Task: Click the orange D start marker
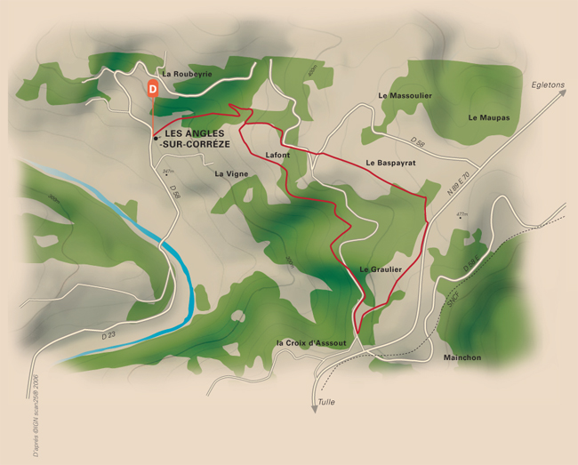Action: (153, 88)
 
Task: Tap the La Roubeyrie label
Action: (187, 74)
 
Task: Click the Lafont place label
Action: (278, 156)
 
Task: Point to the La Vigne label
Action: (231, 174)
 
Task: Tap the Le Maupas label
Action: (488, 117)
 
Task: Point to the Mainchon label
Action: (462, 357)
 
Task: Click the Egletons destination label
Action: (547, 84)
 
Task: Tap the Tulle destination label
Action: (326, 403)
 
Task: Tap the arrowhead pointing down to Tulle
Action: (315, 408)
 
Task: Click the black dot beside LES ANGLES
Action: (156, 138)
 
